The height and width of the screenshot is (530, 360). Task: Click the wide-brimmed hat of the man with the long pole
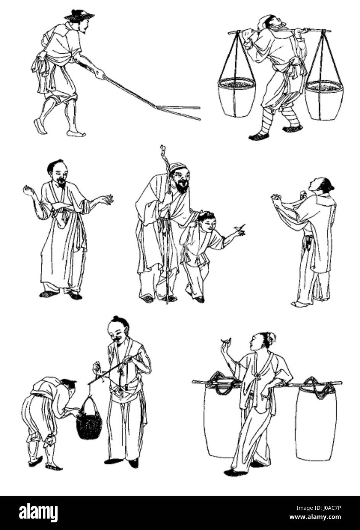coord(79,15)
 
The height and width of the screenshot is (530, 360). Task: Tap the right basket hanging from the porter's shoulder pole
coord(324,99)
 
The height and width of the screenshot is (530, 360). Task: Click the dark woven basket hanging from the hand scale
coord(89,420)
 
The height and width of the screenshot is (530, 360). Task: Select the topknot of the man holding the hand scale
coord(116,319)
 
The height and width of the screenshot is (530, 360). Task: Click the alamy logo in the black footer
coord(33,512)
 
